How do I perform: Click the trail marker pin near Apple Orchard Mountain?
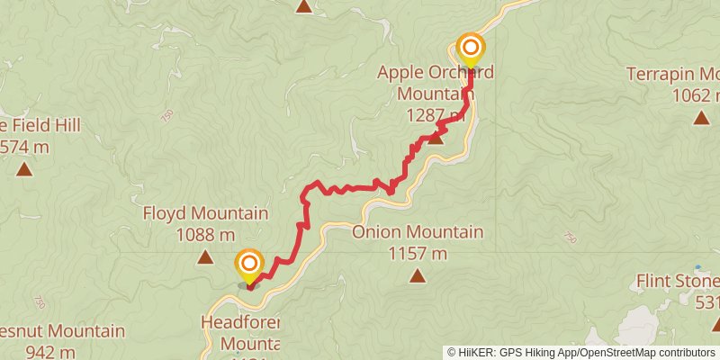point(471,47)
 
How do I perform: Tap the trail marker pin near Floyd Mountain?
point(248,265)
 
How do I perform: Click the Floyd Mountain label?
point(205,214)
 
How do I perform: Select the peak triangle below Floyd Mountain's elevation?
point(205,258)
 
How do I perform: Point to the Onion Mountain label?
point(418,232)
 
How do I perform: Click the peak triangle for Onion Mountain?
point(417,275)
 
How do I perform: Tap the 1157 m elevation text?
point(418,254)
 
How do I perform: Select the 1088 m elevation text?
point(205,236)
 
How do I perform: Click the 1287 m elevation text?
point(436,114)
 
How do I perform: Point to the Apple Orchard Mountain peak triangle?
point(436,137)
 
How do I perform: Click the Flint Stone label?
point(677,279)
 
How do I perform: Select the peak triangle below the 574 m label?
point(23,168)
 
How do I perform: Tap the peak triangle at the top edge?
point(304,6)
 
